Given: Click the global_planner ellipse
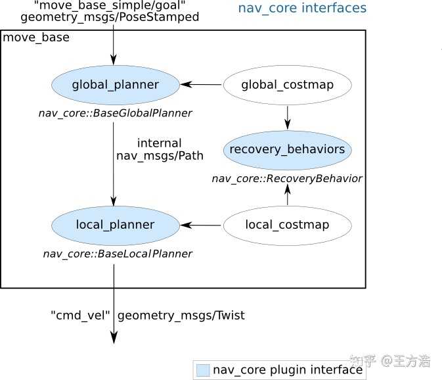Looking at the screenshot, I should [x=115, y=85].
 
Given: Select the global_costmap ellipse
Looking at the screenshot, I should [x=287, y=85].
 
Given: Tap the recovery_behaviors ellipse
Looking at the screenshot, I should [x=287, y=149].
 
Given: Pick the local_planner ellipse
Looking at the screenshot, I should [x=115, y=225].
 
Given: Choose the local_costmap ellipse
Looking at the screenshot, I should [x=287, y=225].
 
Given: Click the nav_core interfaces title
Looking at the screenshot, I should [x=301, y=9].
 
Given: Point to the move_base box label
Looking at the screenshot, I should [x=36, y=38].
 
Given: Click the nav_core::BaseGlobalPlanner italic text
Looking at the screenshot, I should [x=115, y=113].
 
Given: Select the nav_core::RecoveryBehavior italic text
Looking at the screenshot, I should [x=287, y=178].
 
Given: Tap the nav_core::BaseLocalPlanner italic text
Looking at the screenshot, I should [x=118, y=254].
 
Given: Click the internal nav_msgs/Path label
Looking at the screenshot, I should [x=160, y=150].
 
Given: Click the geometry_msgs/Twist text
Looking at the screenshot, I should [x=181, y=316].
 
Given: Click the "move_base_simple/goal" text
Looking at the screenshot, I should [x=108, y=6].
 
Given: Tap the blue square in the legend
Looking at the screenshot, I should [x=203, y=370].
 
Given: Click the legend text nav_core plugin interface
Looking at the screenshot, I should [x=288, y=370].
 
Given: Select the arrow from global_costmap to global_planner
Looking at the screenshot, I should [x=202, y=84].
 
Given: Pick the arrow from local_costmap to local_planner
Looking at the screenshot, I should [x=202, y=225].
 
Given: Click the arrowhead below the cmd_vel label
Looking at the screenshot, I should [x=114, y=337].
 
